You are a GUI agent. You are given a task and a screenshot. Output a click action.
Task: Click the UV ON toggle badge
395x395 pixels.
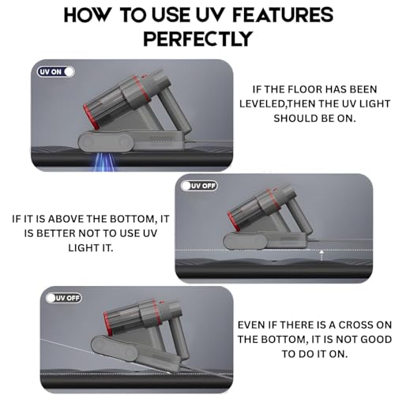pyautogui.click(x=55, y=72)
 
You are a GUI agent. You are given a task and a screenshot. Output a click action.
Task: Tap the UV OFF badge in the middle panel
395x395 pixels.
pyautogui.click(x=199, y=186)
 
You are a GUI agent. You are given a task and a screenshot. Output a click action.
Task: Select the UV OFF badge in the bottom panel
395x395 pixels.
pyautogui.click(x=63, y=298)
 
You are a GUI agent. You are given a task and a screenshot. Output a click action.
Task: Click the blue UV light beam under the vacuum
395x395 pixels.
pyautogui.click(x=104, y=161)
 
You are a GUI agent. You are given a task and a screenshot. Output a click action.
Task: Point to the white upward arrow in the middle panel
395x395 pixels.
pyautogui.click(x=322, y=255)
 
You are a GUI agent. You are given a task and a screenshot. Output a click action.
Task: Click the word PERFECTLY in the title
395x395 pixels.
pyautogui.click(x=197, y=39)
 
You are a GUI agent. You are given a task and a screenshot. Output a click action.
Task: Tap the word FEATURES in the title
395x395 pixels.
pyautogui.click(x=283, y=15)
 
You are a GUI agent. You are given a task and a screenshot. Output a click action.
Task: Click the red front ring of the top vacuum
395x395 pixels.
pyautogui.click(x=91, y=117)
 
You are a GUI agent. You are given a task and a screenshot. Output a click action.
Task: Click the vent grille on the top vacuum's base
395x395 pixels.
pyautogui.click(x=161, y=141)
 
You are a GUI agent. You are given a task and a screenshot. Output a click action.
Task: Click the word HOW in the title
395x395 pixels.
pyautogui.click(x=86, y=15)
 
